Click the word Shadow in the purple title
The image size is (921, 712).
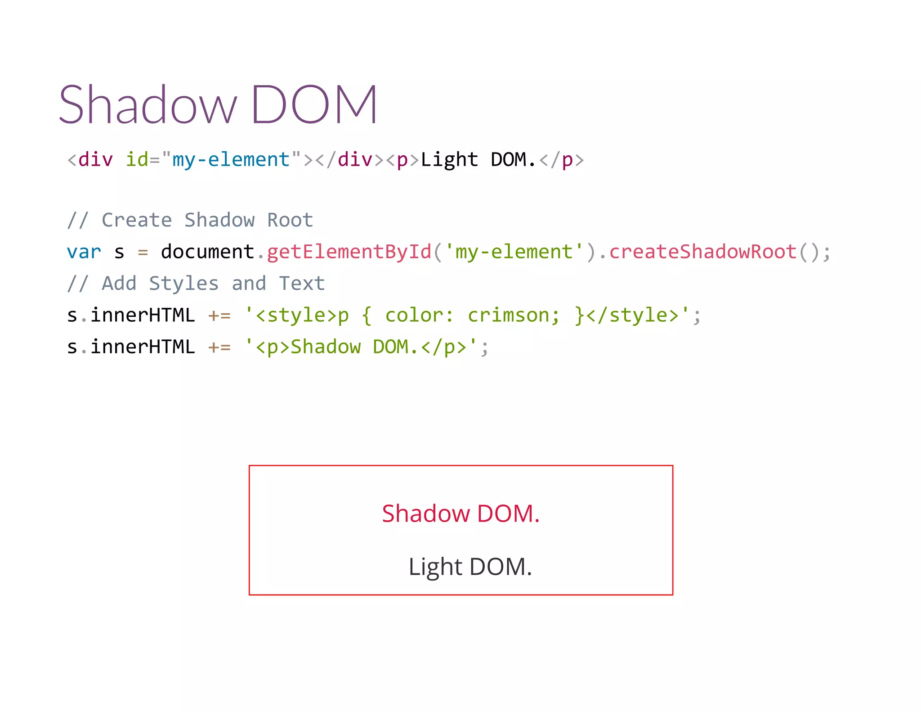(148, 104)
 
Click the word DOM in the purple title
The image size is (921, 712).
(314, 104)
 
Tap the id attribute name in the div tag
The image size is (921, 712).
(137, 160)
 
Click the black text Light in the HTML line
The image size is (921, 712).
(449, 160)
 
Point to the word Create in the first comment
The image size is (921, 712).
(137, 220)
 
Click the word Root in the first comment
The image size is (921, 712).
(290, 220)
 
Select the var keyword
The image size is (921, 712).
(84, 252)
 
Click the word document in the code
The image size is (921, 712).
(207, 252)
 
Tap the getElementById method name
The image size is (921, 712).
(349, 252)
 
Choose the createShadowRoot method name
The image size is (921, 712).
(703, 252)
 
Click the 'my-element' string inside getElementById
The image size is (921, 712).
(514, 252)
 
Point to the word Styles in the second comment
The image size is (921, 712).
(183, 284)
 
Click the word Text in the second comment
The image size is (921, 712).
(302, 284)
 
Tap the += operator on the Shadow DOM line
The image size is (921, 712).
(219, 347)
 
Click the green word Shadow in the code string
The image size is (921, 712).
(326, 347)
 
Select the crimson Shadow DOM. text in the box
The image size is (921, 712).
(460, 514)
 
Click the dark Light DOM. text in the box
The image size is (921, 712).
(470, 567)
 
